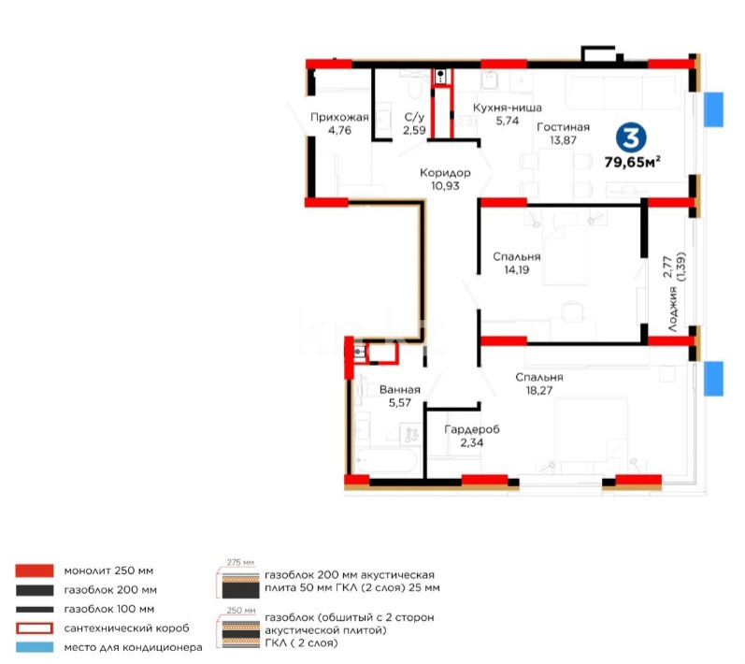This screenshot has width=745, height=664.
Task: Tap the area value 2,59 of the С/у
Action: [414, 130]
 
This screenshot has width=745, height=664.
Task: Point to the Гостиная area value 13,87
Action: [563, 139]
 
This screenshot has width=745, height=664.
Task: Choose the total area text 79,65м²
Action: [633, 161]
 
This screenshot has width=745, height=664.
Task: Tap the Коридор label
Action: [444, 173]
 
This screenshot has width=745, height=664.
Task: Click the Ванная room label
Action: [400, 390]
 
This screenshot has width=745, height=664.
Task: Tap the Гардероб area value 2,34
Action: [471, 442]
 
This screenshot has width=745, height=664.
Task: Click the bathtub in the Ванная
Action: [387, 462]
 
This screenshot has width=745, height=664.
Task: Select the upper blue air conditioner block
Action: [714, 109]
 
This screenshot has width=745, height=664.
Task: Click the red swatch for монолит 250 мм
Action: [34, 570]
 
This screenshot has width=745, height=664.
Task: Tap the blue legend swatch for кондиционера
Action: [34, 647]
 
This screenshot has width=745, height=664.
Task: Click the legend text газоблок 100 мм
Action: [109, 609]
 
